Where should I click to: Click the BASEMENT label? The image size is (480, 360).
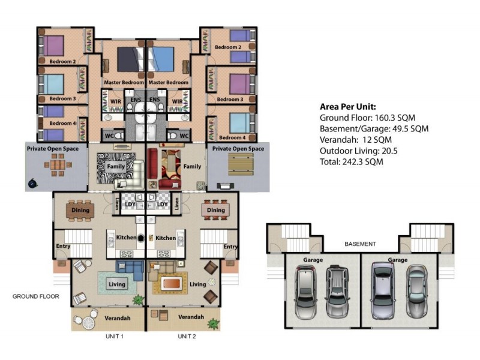click(360, 244)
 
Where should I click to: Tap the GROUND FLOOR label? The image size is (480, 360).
click(36, 296)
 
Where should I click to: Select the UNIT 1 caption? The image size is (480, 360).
click(115, 336)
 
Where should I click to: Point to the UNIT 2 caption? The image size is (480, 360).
click(187, 336)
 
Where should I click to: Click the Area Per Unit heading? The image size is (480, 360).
click(348, 107)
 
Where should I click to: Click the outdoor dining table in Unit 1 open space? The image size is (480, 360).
click(58, 165)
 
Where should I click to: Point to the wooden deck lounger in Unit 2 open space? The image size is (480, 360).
click(241, 164)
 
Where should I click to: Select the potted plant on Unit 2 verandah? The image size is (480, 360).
click(213, 323)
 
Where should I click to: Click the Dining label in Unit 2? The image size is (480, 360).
click(216, 210)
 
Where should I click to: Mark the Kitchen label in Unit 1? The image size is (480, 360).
click(127, 237)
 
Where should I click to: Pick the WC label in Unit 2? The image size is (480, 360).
click(184, 136)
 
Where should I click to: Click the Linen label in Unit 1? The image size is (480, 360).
click(116, 204)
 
